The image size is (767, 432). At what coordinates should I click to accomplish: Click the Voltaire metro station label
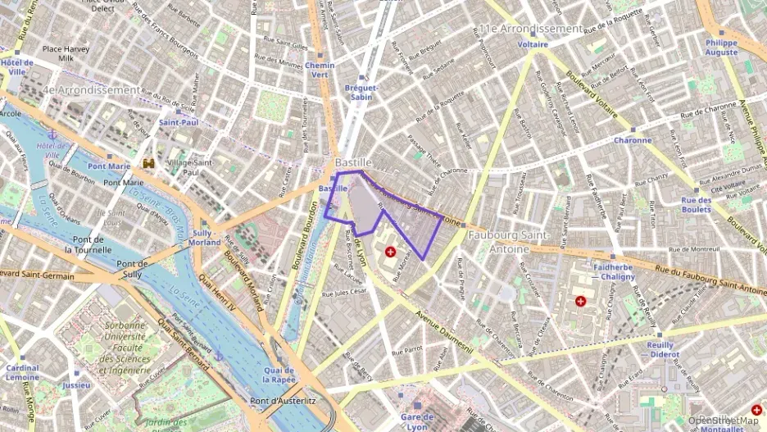533,44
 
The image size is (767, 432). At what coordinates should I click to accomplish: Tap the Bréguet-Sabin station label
361,92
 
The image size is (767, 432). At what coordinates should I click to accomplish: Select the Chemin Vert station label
320,70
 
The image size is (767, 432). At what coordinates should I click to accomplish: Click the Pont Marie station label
109,166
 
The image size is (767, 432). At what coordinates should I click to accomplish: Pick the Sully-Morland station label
205,238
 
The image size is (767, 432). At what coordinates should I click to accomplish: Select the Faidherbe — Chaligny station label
614,271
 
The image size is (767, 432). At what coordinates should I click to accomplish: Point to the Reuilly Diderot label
665,350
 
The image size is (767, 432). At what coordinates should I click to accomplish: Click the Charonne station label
633,140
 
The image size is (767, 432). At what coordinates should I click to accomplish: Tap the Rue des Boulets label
696,204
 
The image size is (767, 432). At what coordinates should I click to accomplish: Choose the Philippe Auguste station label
721,47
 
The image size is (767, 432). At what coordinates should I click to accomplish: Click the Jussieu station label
76,384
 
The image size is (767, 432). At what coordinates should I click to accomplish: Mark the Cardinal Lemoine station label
22,372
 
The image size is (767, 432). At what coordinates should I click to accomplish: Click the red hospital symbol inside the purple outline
390,252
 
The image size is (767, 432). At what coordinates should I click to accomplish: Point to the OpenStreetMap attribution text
723,421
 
